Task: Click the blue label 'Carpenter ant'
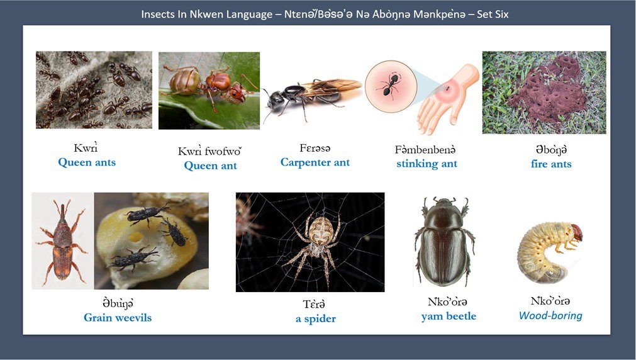(315, 162)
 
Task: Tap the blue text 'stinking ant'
(427, 164)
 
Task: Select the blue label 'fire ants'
(551, 164)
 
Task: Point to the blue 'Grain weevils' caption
(118, 317)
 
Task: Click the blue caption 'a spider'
(316, 318)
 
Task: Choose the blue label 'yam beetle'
(449, 316)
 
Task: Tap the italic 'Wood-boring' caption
(550, 315)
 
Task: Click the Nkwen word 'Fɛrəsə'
(315, 149)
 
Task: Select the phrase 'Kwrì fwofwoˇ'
(210, 152)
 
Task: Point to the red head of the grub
(576, 232)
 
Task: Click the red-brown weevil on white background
(62, 242)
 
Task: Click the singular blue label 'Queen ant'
(210, 166)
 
